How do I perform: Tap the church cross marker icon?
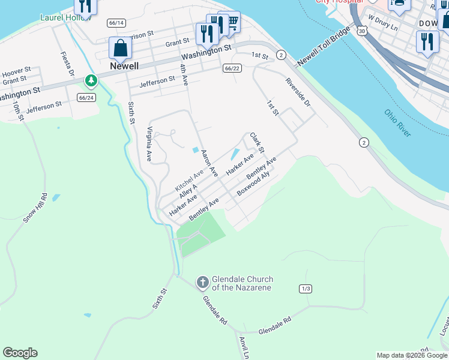coord(202,281)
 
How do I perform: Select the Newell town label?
coord(125,66)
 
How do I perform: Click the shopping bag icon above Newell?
coord(120,48)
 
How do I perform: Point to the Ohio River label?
coord(397,123)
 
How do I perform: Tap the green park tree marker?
coord(91,80)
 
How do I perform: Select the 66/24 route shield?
coord(86,97)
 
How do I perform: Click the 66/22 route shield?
coord(232,69)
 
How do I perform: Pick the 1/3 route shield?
coord(306,289)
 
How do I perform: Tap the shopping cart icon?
coord(229,22)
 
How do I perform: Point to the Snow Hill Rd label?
coord(34,208)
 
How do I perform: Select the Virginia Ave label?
coord(149,144)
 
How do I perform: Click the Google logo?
coord(20,353)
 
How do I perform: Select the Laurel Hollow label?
coord(64,17)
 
